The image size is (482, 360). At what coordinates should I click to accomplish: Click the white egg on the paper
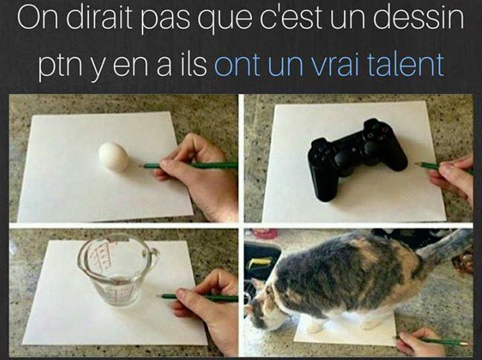pos(114,156)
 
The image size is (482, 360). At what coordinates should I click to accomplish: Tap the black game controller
pos(356,156)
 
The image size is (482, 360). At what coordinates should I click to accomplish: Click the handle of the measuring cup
pos(153,255)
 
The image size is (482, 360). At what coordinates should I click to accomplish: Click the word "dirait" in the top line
pos(99,19)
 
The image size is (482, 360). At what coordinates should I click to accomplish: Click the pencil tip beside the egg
pos(140,166)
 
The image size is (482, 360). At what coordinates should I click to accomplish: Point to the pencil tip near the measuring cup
pos(158,296)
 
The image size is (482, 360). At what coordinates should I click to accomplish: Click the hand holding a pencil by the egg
pos(197,175)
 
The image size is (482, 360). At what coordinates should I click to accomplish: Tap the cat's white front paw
pos(314,328)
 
